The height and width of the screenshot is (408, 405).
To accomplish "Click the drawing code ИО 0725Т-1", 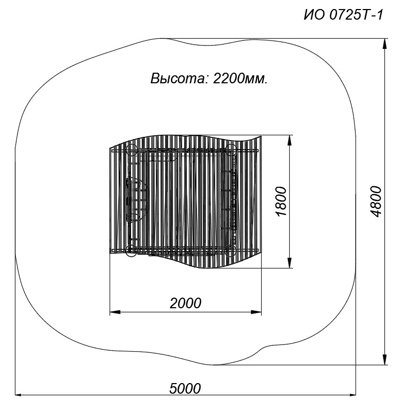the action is [343, 15].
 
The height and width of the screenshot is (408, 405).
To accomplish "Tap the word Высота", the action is [179, 79].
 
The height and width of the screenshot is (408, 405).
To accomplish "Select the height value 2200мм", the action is [240, 79].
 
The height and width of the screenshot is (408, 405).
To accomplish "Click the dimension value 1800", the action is [281, 201].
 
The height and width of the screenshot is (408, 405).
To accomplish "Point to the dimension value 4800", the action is [376, 202].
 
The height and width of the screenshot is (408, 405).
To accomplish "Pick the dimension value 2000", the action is [185, 303].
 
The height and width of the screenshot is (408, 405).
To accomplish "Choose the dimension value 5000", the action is [185, 388].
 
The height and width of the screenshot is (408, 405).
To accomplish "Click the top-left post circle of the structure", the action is [132, 150].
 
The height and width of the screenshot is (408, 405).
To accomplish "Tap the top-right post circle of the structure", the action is [230, 150].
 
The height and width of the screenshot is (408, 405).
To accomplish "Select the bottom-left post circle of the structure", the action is [131, 250].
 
